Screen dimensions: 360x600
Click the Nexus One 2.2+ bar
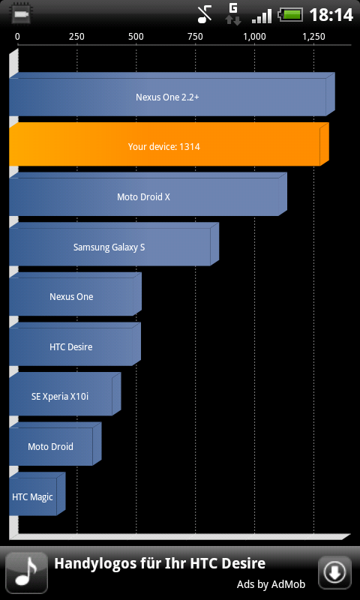(x=172, y=94)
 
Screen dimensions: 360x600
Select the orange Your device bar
(x=169, y=144)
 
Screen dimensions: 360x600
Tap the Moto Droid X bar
(x=148, y=194)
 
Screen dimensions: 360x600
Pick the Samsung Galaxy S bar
(x=114, y=244)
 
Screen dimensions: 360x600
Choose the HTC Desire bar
(x=75, y=344)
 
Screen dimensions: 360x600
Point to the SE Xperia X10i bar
(x=65, y=394)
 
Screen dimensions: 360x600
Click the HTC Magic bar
(x=37, y=494)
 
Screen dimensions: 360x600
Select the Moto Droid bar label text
(x=50, y=446)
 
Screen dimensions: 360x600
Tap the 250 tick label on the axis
(x=77, y=37)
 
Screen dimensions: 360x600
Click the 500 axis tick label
(x=136, y=37)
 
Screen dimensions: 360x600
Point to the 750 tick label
(x=196, y=37)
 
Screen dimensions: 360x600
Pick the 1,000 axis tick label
(x=255, y=37)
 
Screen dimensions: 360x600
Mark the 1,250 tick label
(x=314, y=37)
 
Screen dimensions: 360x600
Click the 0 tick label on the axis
(x=17, y=37)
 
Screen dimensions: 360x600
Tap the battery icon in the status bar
(x=290, y=15)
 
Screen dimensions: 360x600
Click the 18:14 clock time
(x=331, y=15)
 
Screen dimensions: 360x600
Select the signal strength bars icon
(x=262, y=16)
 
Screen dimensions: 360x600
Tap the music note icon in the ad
(x=26, y=573)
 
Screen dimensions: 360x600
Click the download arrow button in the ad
(x=334, y=573)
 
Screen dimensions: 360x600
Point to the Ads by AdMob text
(x=271, y=584)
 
